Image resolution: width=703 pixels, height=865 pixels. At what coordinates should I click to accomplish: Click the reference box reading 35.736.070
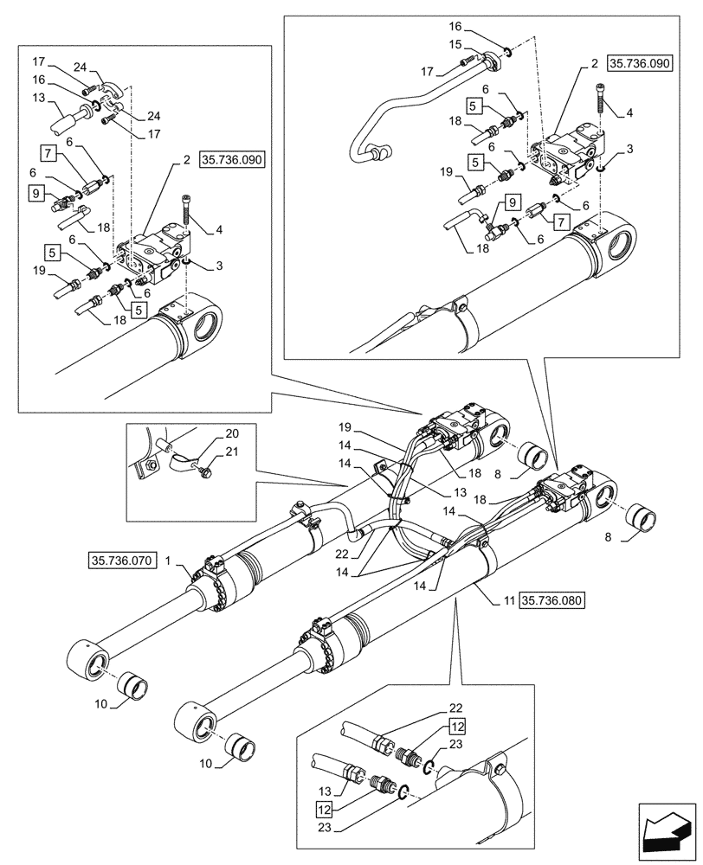point(120,561)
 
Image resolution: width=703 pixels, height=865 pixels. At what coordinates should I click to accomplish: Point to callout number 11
point(506,599)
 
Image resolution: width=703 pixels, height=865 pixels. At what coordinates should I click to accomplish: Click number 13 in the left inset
point(39,98)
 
